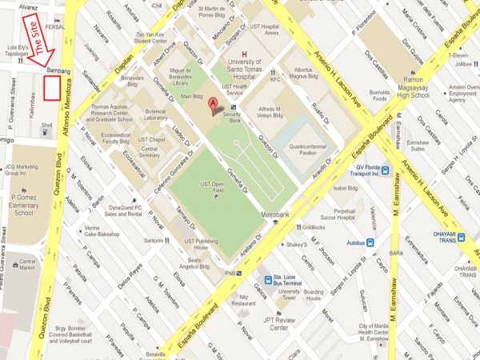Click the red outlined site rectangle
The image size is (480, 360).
pyautogui.click(x=52, y=89)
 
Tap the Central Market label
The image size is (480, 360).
pyautogui.click(x=26, y=265)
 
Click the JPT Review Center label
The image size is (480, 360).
pyautogui.click(x=288, y=324)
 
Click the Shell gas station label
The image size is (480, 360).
pyautogui.click(x=47, y=126)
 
